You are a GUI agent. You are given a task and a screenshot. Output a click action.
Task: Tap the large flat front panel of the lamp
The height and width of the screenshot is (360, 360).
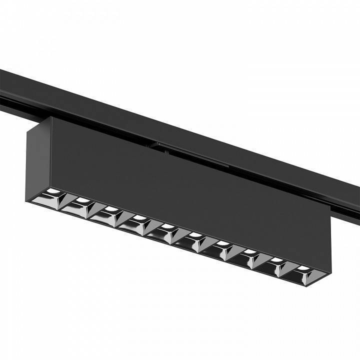click(x=190, y=190)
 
